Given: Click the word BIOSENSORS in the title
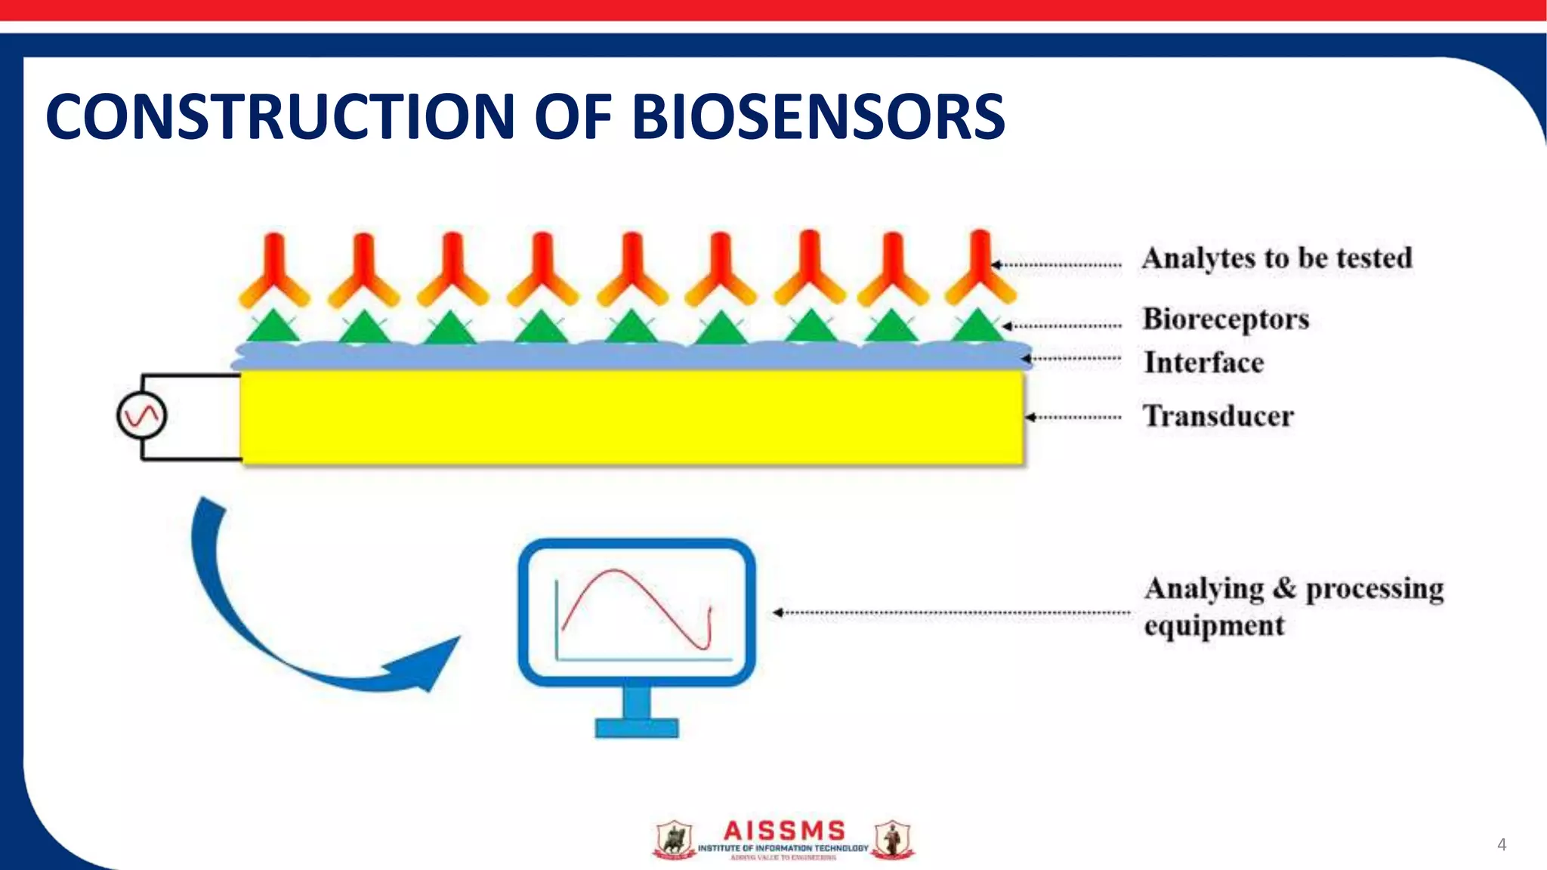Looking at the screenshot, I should (817, 117).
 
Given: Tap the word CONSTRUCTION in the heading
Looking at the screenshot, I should (280, 117).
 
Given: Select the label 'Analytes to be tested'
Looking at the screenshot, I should (1277, 258).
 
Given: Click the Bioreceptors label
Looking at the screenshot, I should (1225, 319).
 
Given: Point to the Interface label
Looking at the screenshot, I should (1203, 362).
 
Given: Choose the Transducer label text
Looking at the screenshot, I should (1218, 416).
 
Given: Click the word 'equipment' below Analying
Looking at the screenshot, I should (1213, 626).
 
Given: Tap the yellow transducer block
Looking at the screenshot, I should (631, 415).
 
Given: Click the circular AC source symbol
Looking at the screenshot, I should (141, 416).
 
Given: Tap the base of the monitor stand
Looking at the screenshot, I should (636, 727).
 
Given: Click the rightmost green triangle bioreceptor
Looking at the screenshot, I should (977, 326).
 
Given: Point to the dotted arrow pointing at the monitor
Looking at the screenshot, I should (952, 612).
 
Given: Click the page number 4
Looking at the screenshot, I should (1501, 844).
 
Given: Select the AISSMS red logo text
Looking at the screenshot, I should (783, 831).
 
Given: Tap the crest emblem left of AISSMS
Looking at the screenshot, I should (673, 840).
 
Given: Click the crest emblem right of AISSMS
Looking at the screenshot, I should (892, 840).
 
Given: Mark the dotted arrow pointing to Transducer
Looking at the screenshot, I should (1073, 417).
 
